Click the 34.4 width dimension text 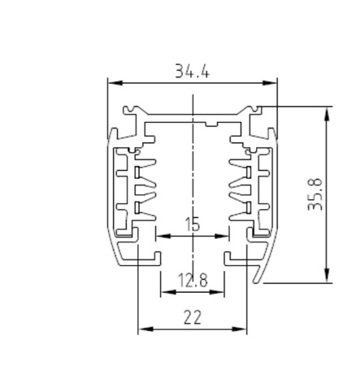(x=192, y=72)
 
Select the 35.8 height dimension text (x=316, y=195)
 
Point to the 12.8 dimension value (x=192, y=281)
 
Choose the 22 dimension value (x=192, y=317)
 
